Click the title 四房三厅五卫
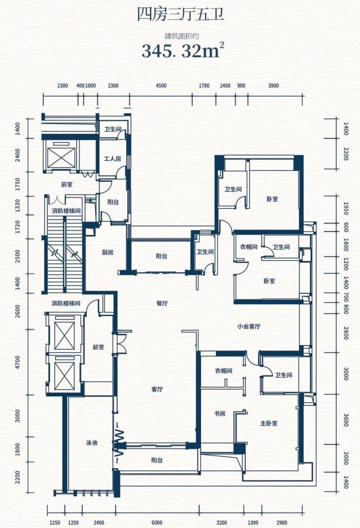tap(180, 15)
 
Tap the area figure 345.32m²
tap(183, 51)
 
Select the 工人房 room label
tap(112, 158)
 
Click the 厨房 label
tap(108, 252)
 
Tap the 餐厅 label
tap(162, 303)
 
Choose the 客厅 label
tap(157, 389)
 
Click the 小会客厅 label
tap(249, 326)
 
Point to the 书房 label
tap(219, 413)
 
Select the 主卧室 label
tap(269, 423)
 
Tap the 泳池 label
tap(91, 443)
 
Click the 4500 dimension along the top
tap(161, 85)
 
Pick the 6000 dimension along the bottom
tap(157, 523)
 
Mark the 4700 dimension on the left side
tap(18, 362)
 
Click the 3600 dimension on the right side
tap(346, 420)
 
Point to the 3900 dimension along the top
tap(273, 85)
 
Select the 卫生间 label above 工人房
tap(112, 129)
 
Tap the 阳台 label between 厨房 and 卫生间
tap(162, 256)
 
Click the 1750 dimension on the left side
tap(18, 184)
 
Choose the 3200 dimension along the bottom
tap(222, 523)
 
